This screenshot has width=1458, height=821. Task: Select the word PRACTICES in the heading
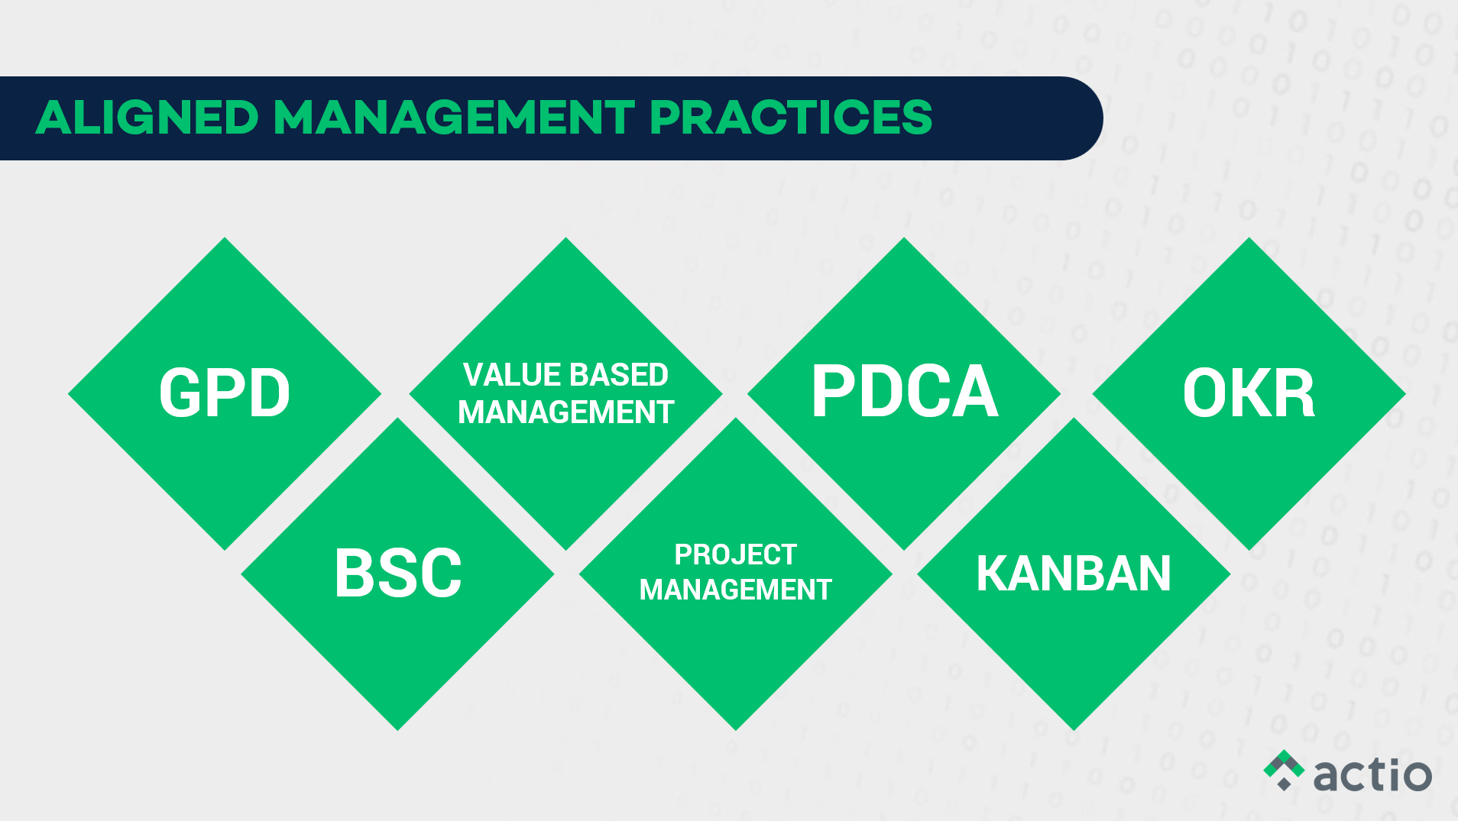click(x=791, y=118)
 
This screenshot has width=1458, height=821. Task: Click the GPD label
click(x=225, y=393)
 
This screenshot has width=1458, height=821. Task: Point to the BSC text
click(x=398, y=573)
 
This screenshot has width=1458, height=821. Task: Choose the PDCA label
click(x=905, y=391)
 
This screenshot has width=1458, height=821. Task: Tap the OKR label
click(x=1249, y=393)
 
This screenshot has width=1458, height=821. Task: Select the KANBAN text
click(x=1074, y=574)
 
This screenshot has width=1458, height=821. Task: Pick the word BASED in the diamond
click(x=619, y=375)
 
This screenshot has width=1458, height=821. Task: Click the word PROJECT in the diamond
click(x=736, y=554)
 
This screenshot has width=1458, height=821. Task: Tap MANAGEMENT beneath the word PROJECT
click(x=736, y=590)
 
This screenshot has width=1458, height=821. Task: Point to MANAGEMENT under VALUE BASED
click(x=566, y=412)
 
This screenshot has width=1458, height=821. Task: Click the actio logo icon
click(x=1284, y=770)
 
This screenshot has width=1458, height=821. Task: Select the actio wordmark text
click(x=1372, y=774)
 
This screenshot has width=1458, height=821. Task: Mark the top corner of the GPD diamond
click(x=225, y=238)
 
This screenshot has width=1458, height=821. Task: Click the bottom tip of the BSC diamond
click(x=398, y=730)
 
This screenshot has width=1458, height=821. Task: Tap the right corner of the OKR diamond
click(x=1405, y=394)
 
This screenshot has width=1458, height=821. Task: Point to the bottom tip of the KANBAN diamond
click(x=1074, y=730)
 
